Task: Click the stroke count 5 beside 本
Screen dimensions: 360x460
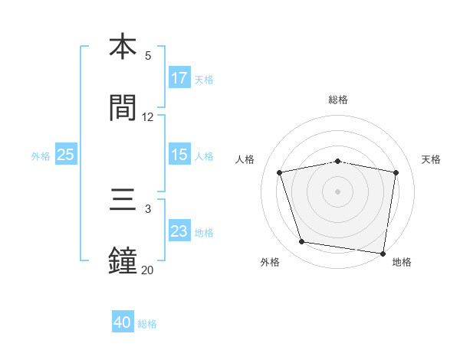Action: pos(148,56)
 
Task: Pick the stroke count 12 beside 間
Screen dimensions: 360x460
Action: pos(148,117)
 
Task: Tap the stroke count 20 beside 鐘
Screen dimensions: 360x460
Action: pos(147,270)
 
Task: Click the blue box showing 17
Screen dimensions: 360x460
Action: pos(179,78)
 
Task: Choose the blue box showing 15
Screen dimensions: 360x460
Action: pos(179,155)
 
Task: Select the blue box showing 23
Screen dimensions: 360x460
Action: pos(179,231)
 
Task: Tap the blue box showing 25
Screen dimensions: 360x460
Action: pos(66,155)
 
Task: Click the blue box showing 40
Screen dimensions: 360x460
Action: pos(123,322)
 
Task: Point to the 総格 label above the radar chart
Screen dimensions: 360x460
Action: pos(338,100)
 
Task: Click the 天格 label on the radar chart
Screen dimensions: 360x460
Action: pos(431,159)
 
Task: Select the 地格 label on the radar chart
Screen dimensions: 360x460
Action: pos(402,262)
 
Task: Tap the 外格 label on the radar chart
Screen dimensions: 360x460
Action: pos(270,262)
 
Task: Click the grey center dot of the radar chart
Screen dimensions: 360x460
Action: pos(337,191)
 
